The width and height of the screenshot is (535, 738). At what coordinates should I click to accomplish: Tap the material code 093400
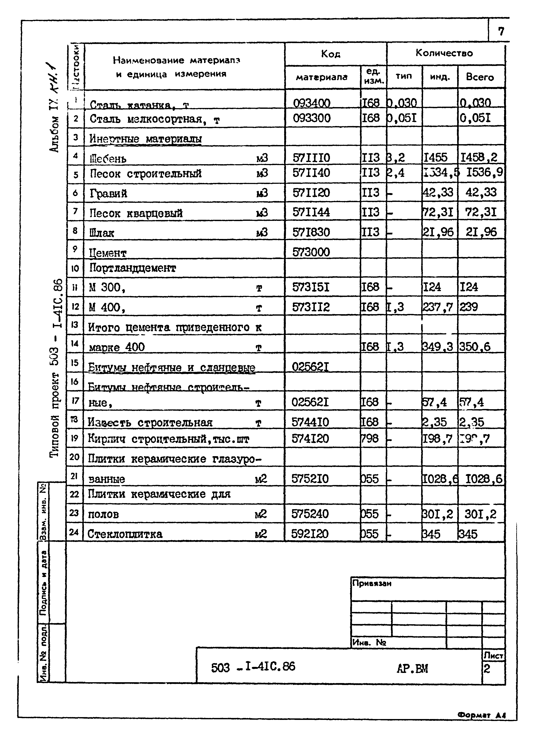pos(312,103)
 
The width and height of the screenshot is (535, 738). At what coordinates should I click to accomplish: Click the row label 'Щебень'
pos(108,159)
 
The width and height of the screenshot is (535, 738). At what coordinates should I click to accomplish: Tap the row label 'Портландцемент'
pos(133,268)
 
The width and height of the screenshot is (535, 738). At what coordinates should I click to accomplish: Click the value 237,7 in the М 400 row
pos(438,307)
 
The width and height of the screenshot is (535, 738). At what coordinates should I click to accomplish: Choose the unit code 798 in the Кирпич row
pos(370,439)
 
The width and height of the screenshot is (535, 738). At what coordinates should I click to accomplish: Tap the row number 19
pos(75,438)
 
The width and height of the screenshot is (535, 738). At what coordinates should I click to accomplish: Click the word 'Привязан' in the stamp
pos(372,584)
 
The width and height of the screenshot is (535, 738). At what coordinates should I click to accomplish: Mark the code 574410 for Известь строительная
pos(310,422)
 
